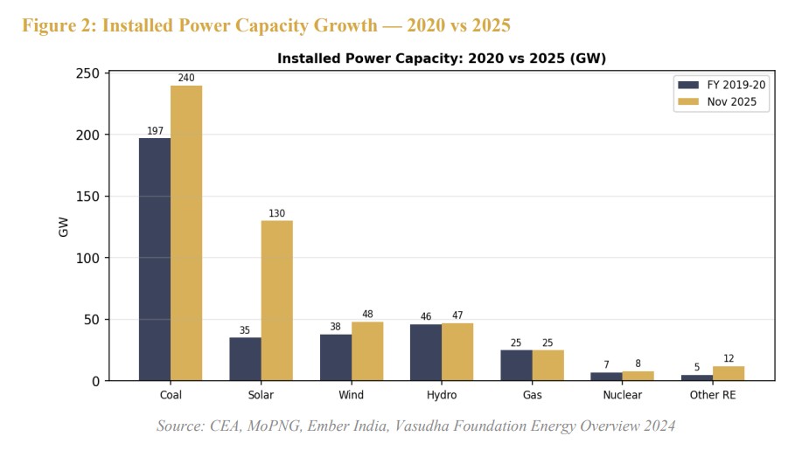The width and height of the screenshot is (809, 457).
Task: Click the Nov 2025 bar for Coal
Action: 186,233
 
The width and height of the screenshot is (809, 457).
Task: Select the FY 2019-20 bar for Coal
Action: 155,260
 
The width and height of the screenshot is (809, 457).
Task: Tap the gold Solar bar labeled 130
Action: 276,301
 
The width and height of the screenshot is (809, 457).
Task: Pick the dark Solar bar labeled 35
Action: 245,359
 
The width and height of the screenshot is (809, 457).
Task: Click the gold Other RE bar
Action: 729,373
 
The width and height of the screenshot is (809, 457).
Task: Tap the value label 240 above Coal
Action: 186,78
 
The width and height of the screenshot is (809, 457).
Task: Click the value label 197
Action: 155,131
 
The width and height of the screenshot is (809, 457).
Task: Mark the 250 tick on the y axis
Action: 87,73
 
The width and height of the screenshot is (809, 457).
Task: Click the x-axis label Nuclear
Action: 623,395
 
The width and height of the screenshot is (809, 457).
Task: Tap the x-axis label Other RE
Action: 713,395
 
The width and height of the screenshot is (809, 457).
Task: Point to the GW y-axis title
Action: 64,227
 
